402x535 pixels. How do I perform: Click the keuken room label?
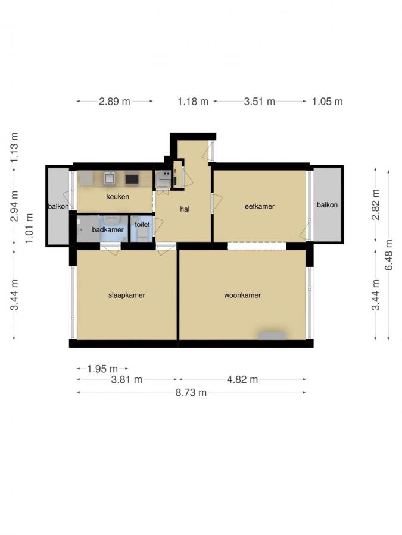coord(118,197)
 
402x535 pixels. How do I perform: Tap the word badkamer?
coord(108,229)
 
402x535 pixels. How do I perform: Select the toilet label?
coord(142,225)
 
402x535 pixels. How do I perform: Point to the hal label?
coord(185,209)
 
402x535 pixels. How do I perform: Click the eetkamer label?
coord(260,207)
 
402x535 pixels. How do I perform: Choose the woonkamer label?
coord(242,295)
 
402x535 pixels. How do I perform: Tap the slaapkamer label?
coord(126,295)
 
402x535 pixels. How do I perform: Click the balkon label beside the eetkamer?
coord(327,205)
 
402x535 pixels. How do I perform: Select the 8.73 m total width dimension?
coord(191,392)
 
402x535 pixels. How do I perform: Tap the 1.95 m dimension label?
coord(102,369)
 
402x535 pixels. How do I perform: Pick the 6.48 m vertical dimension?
coord(389,255)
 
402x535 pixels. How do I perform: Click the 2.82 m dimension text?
coord(375,204)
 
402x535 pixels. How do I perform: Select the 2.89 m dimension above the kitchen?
coord(114,101)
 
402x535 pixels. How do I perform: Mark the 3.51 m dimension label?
coord(260,101)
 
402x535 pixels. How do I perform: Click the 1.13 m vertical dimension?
coord(15,146)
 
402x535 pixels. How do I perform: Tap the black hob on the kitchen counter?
coord(132,178)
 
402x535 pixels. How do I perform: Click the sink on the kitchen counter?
coord(110,178)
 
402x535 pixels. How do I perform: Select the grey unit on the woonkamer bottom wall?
coord(272,335)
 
